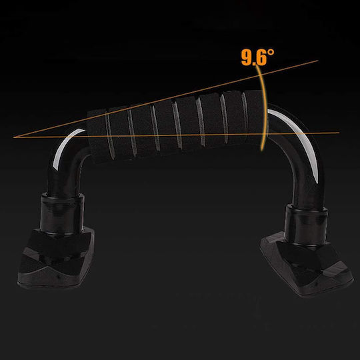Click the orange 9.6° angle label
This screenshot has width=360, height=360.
[x=257, y=57]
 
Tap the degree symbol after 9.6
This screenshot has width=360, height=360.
[x=271, y=52]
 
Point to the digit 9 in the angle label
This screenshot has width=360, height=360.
[x=247, y=58]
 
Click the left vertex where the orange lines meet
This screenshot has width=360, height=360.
[x=14, y=137]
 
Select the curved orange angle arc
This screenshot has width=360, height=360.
[x=265, y=108]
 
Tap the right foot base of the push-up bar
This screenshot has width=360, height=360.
[x=307, y=264]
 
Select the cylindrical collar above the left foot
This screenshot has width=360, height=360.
[x=62, y=213]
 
